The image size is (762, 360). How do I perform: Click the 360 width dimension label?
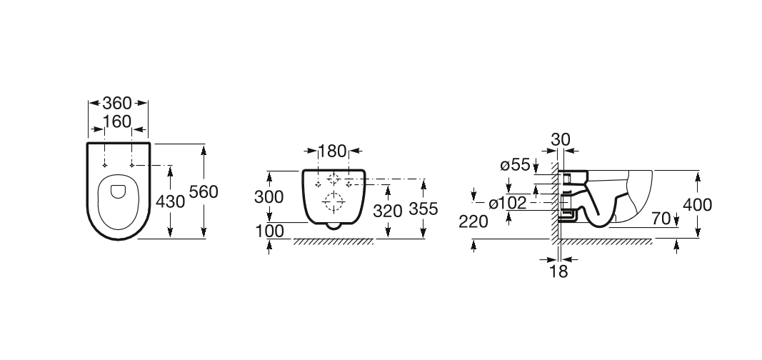117,103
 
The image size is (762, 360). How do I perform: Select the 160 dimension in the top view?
117,121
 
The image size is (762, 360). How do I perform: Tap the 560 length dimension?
204,192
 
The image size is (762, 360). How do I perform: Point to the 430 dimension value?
170,201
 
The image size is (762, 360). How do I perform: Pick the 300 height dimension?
269,196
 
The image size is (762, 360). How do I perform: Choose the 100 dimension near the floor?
270,231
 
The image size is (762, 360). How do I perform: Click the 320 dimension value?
388,211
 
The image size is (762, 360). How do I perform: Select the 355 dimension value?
423,209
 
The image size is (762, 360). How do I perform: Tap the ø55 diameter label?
515,165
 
